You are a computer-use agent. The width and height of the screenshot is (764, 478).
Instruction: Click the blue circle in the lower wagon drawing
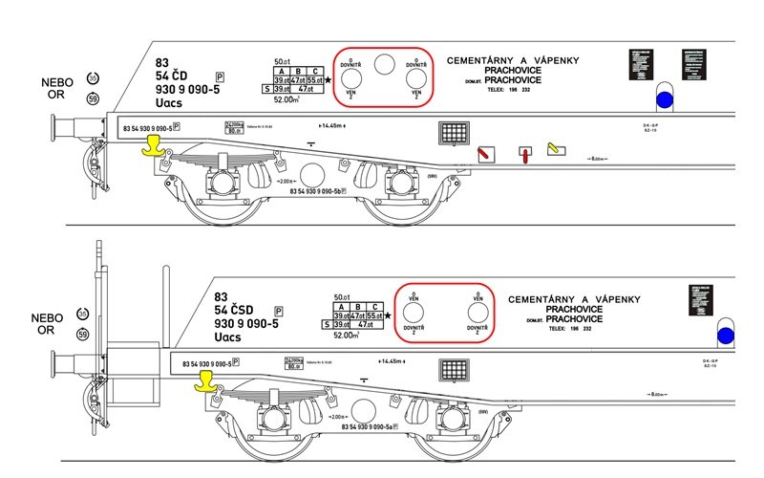(x=727, y=335)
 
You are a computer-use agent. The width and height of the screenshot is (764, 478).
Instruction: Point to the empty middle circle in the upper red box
(x=384, y=65)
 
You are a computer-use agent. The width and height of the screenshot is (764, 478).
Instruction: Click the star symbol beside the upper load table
(x=329, y=80)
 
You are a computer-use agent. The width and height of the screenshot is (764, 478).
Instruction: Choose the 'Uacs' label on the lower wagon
(x=228, y=338)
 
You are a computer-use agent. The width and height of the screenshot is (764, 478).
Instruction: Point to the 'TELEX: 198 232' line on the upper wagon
(x=513, y=89)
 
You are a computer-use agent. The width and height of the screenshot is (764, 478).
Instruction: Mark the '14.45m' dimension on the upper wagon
(x=333, y=125)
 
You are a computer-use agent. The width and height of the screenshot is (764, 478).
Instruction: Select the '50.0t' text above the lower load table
(x=344, y=297)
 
